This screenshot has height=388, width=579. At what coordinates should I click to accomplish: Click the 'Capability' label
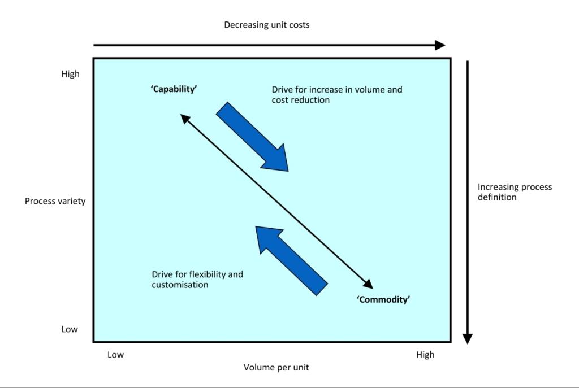tap(174, 89)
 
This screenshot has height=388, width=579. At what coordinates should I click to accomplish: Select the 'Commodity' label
tap(383, 299)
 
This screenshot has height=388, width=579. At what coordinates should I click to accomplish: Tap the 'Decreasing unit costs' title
tap(266, 25)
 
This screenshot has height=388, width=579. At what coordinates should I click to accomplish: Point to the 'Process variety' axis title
tap(55, 201)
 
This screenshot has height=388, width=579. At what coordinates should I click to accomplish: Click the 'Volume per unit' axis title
tap(276, 367)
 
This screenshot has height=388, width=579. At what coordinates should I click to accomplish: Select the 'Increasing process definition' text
tap(515, 192)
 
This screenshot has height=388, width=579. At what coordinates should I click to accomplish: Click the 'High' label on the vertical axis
tap(71, 74)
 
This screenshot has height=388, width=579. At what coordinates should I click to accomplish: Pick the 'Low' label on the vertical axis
tap(70, 329)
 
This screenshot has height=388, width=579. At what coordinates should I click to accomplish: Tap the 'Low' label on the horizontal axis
tap(115, 355)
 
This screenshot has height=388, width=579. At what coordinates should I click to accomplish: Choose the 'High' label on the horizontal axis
tap(425, 355)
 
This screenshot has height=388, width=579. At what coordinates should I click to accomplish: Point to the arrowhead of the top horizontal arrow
tap(440, 45)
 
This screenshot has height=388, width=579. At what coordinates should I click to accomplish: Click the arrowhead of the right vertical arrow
tap(467, 338)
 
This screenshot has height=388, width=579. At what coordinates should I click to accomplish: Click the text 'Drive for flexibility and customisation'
tap(197, 280)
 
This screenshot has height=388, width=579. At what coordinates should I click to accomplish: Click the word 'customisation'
tap(180, 285)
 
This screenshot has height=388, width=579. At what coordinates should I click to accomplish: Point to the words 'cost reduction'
tap(300, 100)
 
